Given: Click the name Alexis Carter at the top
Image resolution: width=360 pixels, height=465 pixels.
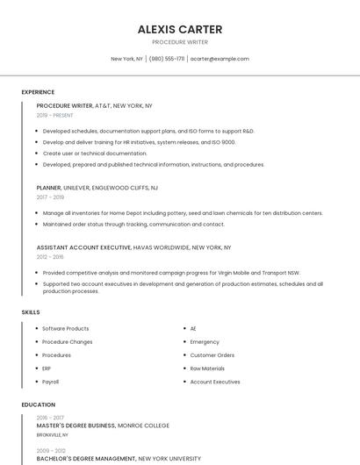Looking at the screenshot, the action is (x=180, y=29).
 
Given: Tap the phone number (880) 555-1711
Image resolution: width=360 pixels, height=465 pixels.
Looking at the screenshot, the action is (x=167, y=59).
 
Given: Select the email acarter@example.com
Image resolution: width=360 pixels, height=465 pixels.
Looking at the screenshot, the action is (x=220, y=59).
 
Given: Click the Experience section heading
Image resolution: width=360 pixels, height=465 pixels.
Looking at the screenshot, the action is (x=38, y=92).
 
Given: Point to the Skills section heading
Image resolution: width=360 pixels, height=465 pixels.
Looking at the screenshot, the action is (x=31, y=312).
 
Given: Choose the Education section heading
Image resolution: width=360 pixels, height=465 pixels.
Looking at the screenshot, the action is (x=39, y=404).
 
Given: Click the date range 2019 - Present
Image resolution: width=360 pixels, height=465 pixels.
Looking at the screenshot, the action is (x=54, y=115).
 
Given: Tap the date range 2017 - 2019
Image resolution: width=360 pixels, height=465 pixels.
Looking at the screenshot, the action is (x=50, y=197).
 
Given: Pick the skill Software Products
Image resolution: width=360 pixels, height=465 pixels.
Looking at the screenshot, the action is (x=66, y=328).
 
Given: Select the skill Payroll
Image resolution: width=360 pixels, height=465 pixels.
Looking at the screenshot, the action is (x=51, y=382).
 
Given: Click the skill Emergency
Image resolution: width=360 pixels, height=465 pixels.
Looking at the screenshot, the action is (x=205, y=341).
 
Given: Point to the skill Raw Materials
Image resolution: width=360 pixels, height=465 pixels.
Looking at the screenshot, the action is (x=207, y=368).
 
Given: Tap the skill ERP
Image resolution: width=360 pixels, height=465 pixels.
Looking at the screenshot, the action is (x=47, y=368).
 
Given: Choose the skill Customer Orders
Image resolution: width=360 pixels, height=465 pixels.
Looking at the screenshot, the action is (x=212, y=355).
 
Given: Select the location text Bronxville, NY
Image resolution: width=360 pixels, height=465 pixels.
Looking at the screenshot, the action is (x=52, y=434).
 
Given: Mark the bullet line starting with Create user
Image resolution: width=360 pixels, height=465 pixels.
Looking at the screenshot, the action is (x=95, y=153).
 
